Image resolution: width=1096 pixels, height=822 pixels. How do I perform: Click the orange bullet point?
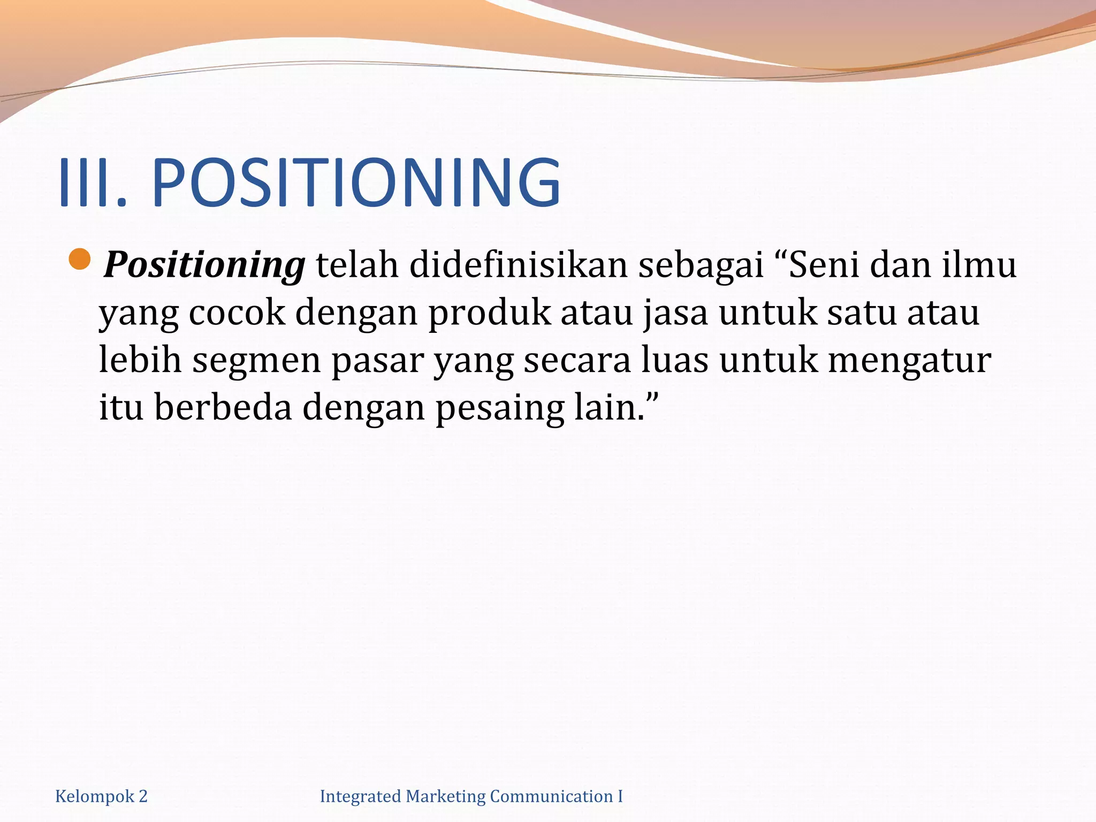point(80,260)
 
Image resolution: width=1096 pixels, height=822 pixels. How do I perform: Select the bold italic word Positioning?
point(204,265)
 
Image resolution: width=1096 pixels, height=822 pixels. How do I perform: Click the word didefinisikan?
point(518,265)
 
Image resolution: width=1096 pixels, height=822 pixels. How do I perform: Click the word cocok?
point(237,313)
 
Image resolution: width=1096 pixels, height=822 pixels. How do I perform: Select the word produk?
point(489,314)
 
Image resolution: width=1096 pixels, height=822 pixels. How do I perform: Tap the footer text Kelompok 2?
point(101,797)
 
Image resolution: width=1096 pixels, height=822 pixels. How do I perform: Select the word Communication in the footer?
point(551,797)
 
